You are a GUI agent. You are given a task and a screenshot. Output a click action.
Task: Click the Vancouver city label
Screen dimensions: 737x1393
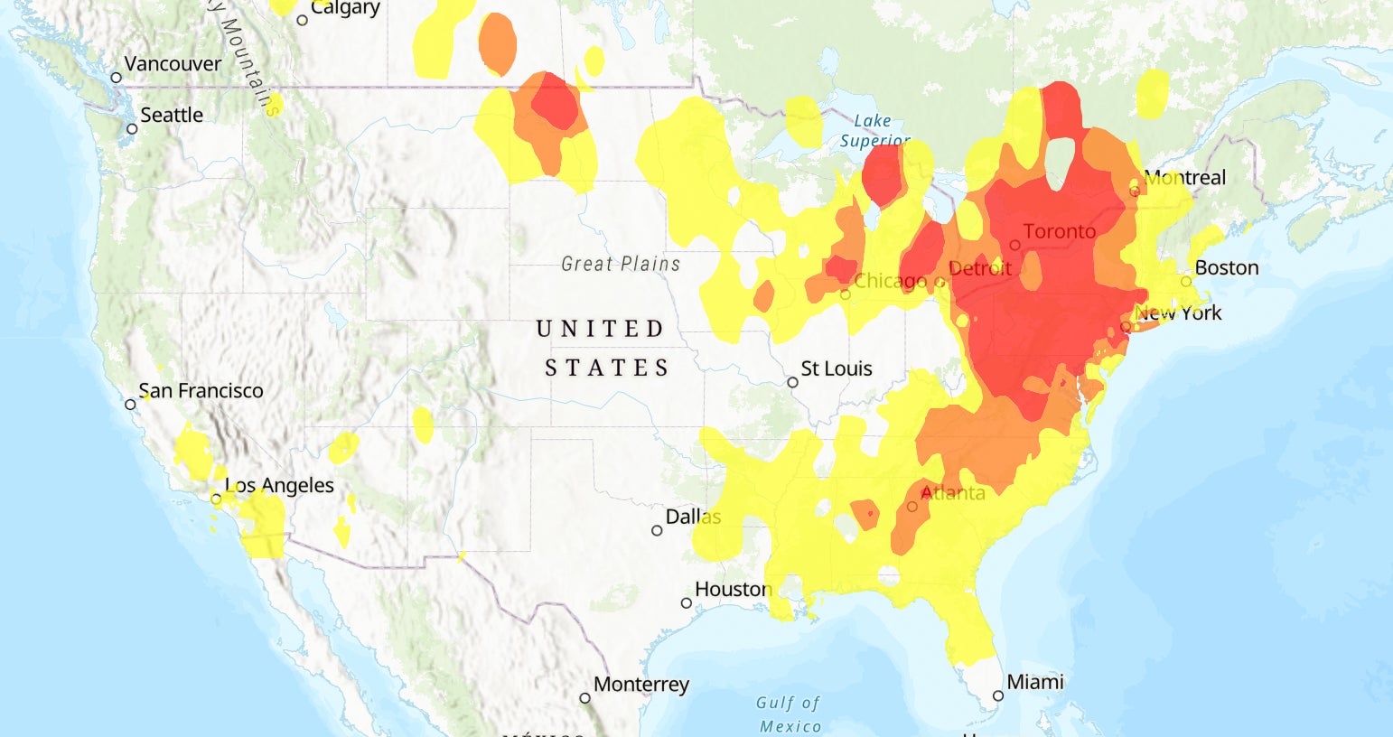pyautogui.click(x=172, y=64)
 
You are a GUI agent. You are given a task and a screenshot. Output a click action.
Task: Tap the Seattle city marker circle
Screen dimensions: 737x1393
pyautogui.click(x=132, y=129)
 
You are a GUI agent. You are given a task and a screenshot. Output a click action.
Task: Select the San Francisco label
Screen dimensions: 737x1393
pyautogui.click(x=201, y=391)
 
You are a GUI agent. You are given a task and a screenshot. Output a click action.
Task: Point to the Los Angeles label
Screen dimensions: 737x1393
pyautogui.click(x=279, y=486)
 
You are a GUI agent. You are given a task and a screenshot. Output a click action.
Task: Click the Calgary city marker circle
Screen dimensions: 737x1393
pyautogui.click(x=303, y=20)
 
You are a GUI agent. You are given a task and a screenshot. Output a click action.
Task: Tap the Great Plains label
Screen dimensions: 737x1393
pyautogui.click(x=621, y=264)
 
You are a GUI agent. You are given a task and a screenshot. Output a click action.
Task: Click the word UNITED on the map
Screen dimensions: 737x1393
pyautogui.click(x=601, y=329)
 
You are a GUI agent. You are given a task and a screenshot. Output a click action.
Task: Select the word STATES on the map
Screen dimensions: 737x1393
pyautogui.click(x=607, y=368)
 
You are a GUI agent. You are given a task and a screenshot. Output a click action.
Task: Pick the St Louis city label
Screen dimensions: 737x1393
pyautogui.click(x=837, y=368)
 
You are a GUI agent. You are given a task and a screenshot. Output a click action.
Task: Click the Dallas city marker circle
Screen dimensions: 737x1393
pyautogui.click(x=657, y=531)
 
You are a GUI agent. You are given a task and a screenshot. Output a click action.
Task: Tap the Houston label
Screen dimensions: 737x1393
pyautogui.click(x=733, y=590)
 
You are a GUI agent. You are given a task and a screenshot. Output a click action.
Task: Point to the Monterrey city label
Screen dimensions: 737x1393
pyautogui.click(x=641, y=685)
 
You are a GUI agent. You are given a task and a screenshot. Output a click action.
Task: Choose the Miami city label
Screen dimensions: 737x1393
pyautogui.click(x=1035, y=682)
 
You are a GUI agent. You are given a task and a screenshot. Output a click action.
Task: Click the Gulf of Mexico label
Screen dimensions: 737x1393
pyautogui.click(x=790, y=714)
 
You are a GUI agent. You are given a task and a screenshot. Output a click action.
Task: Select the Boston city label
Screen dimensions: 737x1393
pyautogui.click(x=1226, y=268)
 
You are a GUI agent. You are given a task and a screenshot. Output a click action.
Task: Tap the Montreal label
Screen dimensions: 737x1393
pyautogui.click(x=1184, y=178)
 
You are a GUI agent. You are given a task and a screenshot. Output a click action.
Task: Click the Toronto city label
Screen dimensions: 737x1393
pyautogui.click(x=1059, y=232)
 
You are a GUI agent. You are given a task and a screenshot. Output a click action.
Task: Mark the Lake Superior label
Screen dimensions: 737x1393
pyautogui.click(x=874, y=131)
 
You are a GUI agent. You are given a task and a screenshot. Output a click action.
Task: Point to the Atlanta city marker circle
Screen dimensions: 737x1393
pyautogui.click(x=912, y=507)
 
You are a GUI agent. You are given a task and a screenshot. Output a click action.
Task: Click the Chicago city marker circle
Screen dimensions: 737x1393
pyautogui.click(x=846, y=294)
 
